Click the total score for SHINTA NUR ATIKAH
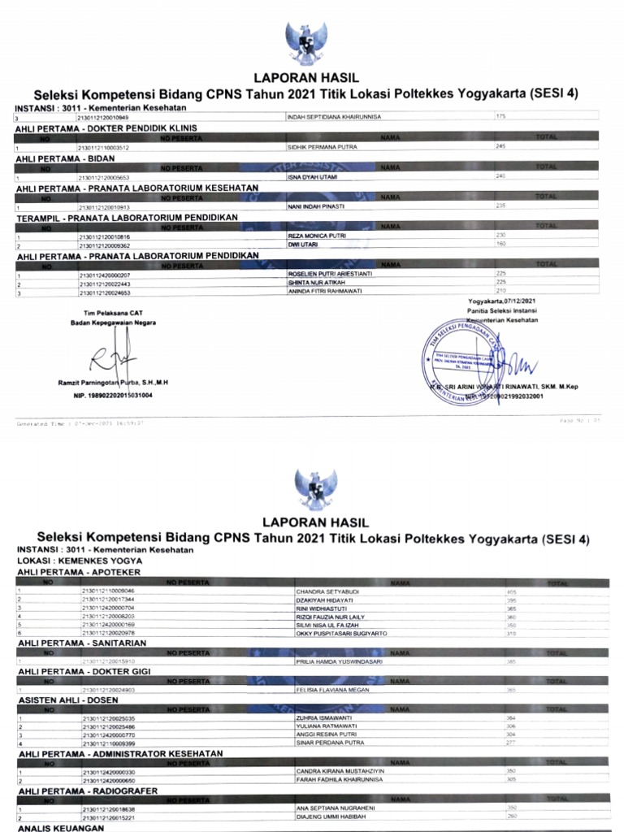pyautogui.click(x=501, y=283)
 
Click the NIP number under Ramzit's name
pyautogui.click(x=113, y=395)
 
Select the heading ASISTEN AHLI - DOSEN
pyautogui.click(x=71, y=700)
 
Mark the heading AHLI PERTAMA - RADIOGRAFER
pyautogui.click(x=88, y=791)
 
